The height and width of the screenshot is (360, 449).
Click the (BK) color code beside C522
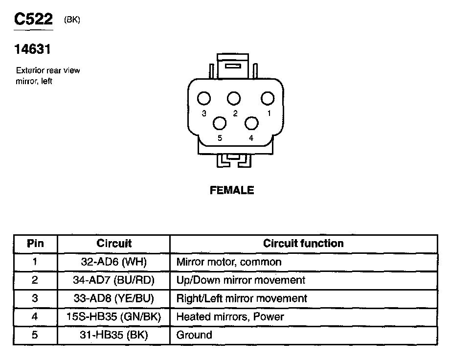tap(72, 20)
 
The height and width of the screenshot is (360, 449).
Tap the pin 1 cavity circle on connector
tap(267, 98)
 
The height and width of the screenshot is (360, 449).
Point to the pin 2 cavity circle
tap(234, 98)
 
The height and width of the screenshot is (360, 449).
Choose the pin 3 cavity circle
tap(204, 99)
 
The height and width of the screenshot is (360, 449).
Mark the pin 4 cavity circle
tap(251, 122)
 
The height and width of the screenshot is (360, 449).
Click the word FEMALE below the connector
tap(232, 190)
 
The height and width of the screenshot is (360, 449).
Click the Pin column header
tap(35, 244)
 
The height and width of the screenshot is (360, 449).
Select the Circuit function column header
tap(303, 244)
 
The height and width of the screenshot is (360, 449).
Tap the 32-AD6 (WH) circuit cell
tap(113, 262)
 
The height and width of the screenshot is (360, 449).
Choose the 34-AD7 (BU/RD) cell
tap(113, 280)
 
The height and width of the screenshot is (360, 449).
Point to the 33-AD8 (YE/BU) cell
tap(113, 298)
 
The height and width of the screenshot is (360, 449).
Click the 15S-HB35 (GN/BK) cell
tap(113, 316)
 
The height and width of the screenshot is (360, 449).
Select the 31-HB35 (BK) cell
tap(113, 335)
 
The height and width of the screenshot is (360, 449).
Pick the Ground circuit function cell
tap(194, 335)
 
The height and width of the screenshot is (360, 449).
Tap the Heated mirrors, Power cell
tap(230, 316)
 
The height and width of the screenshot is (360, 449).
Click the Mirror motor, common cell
tap(228, 262)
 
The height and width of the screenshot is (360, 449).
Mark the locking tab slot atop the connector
tap(234, 65)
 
